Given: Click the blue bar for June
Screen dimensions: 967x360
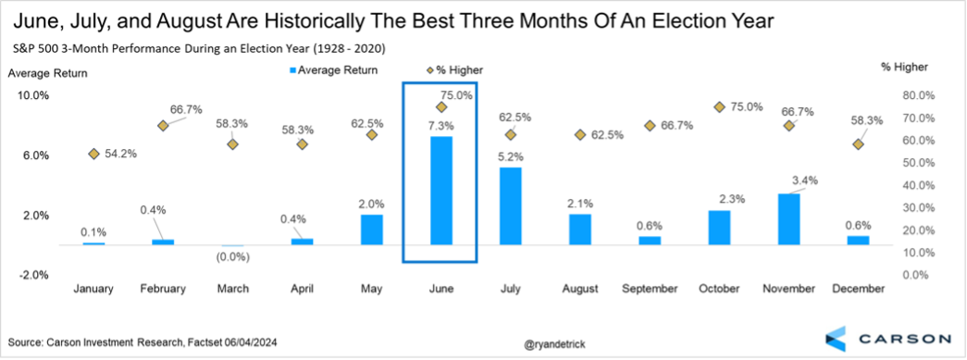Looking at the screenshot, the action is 441,191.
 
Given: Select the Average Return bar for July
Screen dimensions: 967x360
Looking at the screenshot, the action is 511,206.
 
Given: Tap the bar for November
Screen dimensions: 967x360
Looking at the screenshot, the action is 788,219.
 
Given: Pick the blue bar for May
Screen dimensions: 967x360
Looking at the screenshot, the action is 372,230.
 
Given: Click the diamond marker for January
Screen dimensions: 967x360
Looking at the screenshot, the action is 93,154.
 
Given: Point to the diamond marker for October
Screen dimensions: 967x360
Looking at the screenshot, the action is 719,107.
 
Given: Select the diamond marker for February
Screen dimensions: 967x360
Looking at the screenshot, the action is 163,126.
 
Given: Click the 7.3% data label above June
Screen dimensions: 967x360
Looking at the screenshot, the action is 441,126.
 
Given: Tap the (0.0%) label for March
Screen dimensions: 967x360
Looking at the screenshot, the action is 232,257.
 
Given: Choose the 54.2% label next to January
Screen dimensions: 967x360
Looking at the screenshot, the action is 121,154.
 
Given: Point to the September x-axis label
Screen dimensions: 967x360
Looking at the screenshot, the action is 650,289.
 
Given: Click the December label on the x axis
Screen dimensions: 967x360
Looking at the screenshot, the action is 858,289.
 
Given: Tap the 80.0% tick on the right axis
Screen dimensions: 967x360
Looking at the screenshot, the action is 914,95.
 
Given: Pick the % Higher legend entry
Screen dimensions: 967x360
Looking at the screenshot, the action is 455,70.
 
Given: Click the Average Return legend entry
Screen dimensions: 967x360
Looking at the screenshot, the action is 334,70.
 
